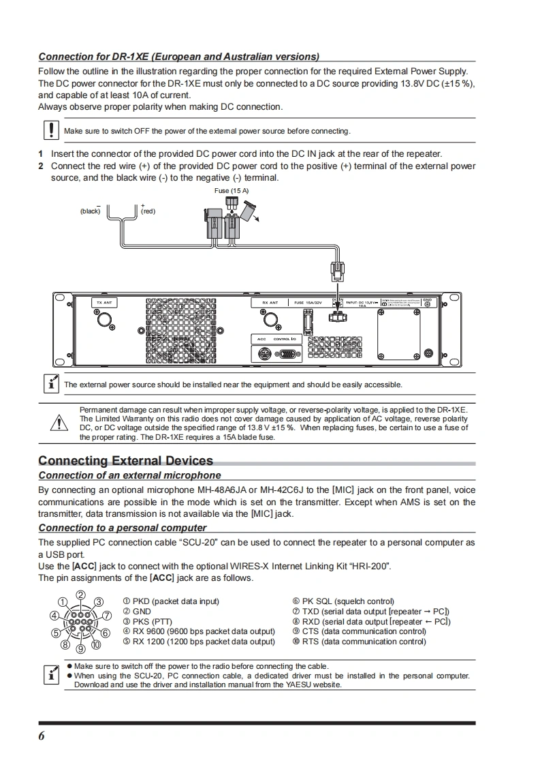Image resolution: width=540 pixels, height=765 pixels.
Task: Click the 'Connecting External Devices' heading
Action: click(125, 461)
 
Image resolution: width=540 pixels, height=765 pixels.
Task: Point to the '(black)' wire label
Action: click(90, 211)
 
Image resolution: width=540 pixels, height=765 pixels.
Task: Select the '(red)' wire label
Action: click(148, 211)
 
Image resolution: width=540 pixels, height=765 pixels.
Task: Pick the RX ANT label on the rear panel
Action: click(270, 302)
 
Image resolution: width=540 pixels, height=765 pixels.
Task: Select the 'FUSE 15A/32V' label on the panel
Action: click(308, 302)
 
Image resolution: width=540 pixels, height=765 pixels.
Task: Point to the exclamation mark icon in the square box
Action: click(50, 130)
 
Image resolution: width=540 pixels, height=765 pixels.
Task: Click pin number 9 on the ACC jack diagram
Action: click(80, 649)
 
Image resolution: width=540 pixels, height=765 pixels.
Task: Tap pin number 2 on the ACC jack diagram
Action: click(80, 595)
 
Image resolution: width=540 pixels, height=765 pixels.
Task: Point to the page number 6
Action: click(42, 736)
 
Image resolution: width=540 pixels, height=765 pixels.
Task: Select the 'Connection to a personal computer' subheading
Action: click(123, 528)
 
